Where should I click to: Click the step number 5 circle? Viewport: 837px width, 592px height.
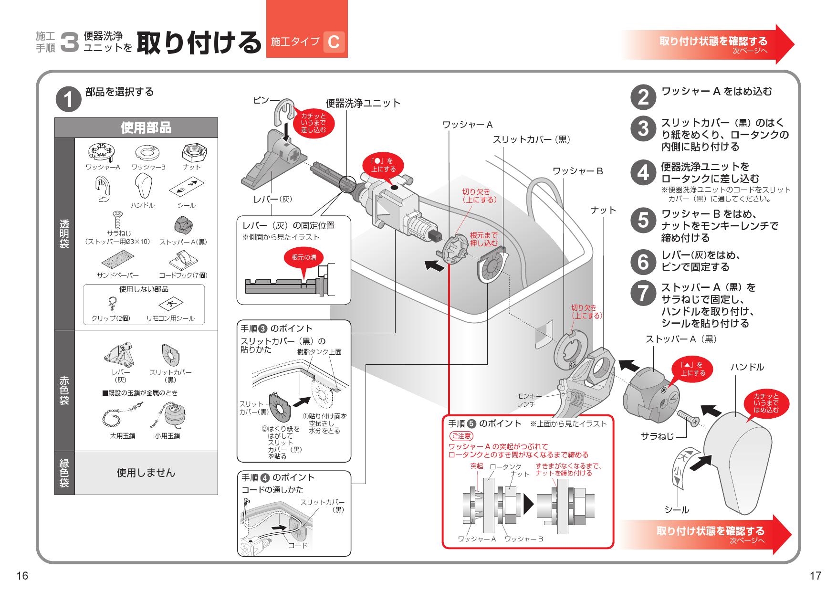(x=643, y=220)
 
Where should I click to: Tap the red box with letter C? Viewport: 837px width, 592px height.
(x=334, y=42)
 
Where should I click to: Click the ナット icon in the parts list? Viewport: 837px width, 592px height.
(x=194, y=154)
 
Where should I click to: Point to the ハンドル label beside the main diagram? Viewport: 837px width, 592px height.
(x=747, y=367)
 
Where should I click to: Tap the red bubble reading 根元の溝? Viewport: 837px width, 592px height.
(x=303, y=257)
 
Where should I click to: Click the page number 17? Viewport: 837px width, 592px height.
(x=815, y=576)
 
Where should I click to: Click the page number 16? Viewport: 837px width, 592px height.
(x=22, y=576)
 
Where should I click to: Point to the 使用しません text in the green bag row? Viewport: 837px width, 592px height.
(x=146, y=473)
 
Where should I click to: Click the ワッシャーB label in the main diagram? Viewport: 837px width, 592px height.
(x=577, y=171)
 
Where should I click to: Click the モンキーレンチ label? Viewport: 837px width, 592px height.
(x=529, y=400)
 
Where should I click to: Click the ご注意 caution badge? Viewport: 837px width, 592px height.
(x=461, y=436)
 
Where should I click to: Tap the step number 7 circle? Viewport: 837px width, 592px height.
(x=643, y=293)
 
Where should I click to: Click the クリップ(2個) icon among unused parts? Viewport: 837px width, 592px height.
(x=111, y=304)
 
